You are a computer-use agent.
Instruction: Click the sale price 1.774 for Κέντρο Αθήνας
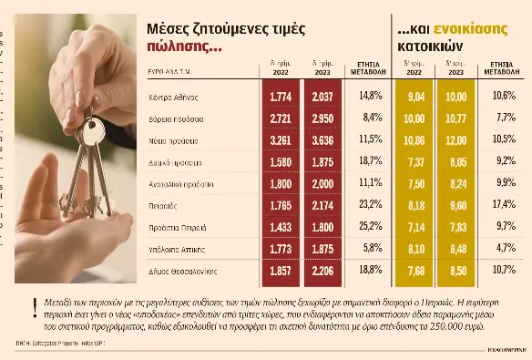tap(281, 96)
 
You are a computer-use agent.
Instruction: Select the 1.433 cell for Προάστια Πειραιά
tap(281, 226)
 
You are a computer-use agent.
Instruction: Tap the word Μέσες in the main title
tap(169, 29)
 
